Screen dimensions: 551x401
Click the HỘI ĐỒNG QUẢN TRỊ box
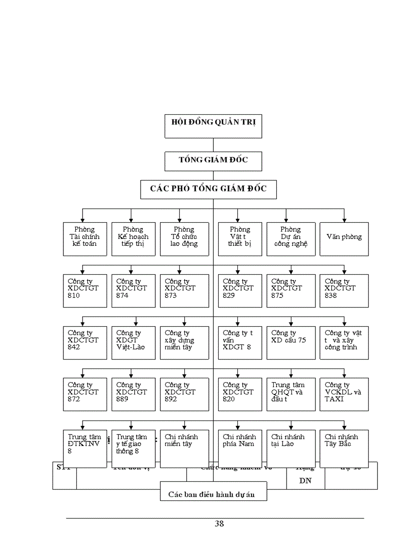pos(213,126)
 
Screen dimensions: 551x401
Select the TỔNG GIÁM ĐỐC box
pos(213,160)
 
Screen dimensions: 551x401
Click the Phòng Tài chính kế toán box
pos(85,238)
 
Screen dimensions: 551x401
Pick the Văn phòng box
pos(344,238)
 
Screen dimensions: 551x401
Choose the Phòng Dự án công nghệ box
pos(291,238)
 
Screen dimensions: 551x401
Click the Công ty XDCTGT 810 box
pos(85,290)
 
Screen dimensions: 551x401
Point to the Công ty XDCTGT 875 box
pos(291,290)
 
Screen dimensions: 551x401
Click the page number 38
pos(219,524)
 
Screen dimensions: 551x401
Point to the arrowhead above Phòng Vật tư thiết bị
pos(238,219)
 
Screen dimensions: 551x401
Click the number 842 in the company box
pos(74,347)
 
